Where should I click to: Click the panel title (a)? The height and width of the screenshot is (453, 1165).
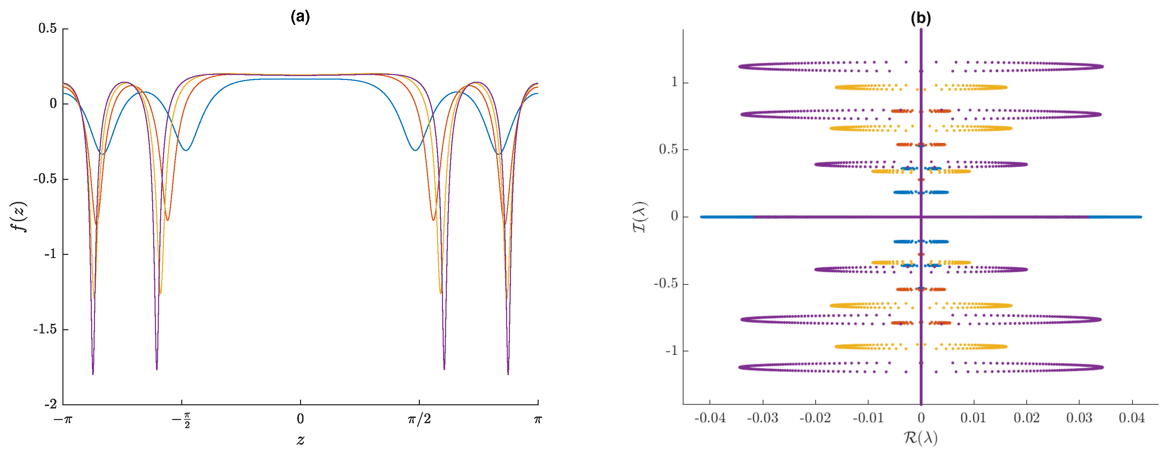(x=300, y=17)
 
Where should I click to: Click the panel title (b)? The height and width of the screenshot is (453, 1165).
(x=920, y=18)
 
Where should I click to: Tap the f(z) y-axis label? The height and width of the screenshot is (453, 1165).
(x=19, y=217)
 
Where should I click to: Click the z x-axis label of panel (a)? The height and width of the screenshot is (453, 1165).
(x=300, y=439)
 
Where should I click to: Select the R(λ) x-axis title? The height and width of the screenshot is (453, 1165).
(x=920, y=438)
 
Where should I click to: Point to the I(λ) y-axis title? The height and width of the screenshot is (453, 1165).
(x=640, y=217)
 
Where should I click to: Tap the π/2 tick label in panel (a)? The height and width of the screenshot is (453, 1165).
(x=419, y=419)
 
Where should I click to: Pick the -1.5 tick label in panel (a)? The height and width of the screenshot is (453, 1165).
(x=45, y=329)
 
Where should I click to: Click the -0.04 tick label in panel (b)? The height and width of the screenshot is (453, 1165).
(x=710, y=418)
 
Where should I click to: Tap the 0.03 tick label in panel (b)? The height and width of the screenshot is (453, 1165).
(x=1079, y=418)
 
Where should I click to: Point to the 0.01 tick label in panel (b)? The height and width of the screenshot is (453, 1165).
(x=973, y=418)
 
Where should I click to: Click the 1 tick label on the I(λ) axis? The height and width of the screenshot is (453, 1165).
(x=674, y=82)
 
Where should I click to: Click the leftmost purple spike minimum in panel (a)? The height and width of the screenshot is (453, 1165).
(x=93, y=374)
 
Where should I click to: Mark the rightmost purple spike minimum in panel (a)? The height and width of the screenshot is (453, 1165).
(x=508, y=374)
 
